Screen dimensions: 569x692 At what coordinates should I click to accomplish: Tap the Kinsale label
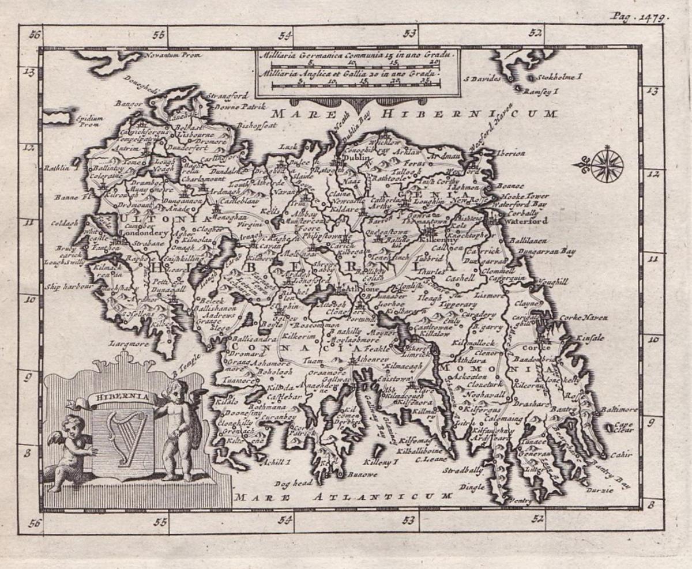click(590, 338)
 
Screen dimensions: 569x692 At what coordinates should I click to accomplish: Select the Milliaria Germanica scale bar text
click(356, 55)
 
